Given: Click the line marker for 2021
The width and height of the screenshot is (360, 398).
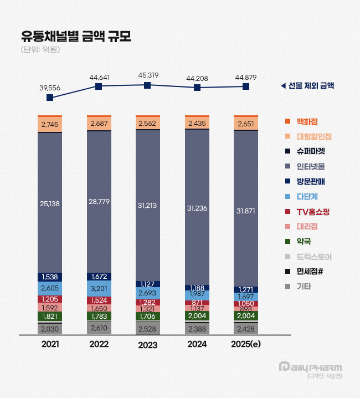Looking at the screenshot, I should click(x=50, y=98).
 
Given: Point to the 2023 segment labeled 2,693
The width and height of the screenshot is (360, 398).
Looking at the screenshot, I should click(x=147, y=292).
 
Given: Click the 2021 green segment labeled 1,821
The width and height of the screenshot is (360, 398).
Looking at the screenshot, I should click(x=50, y=316).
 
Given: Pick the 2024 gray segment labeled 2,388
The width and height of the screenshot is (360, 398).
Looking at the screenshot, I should click(x=196, y=328).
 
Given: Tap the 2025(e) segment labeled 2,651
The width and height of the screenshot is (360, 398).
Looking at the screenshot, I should click(x=245, y=124).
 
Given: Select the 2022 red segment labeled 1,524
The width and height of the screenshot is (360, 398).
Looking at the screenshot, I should click(x=99, y=300).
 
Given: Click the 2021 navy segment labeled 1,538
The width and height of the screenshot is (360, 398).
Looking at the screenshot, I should click(x=50, y=277).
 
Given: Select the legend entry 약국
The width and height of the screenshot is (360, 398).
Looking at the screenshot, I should click(x=303, y=241).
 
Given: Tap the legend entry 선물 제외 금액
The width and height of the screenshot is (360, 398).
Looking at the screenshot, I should click(x=311, y=86).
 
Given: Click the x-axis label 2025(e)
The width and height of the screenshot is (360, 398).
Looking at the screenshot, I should click(x=245, y=344).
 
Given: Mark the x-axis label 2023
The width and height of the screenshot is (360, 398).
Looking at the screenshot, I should click(x=147, y=344).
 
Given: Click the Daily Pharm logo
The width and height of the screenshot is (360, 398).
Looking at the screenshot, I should click(x=310, y=367).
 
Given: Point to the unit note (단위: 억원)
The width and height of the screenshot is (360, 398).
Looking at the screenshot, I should click(x=40, y=50).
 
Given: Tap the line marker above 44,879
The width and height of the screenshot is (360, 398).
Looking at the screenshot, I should click(x=245, y=86).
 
